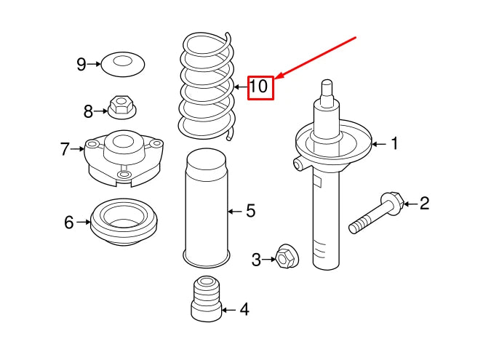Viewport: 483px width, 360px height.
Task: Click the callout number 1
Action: pos(394,144)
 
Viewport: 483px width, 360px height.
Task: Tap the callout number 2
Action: pos(424,203)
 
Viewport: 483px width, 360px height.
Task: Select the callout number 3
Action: pos(256,259)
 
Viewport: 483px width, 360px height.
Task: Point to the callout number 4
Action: pos(244,310)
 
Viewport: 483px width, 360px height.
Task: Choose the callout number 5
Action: pos(250,211)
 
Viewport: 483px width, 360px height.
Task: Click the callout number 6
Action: pos(69,223)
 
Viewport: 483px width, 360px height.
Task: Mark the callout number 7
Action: pos(65,150)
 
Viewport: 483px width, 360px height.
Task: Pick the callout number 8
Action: pos(88,111)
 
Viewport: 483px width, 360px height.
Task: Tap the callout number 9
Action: pos(81,65)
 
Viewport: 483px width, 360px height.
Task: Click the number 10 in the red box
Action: pos(260,87)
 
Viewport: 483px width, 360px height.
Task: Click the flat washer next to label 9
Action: pos(121,64)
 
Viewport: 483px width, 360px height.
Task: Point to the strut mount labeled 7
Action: pos(121,156)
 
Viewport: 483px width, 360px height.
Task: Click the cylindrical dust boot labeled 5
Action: pos(206,207)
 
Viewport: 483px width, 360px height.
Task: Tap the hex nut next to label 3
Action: pos(285,257)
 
